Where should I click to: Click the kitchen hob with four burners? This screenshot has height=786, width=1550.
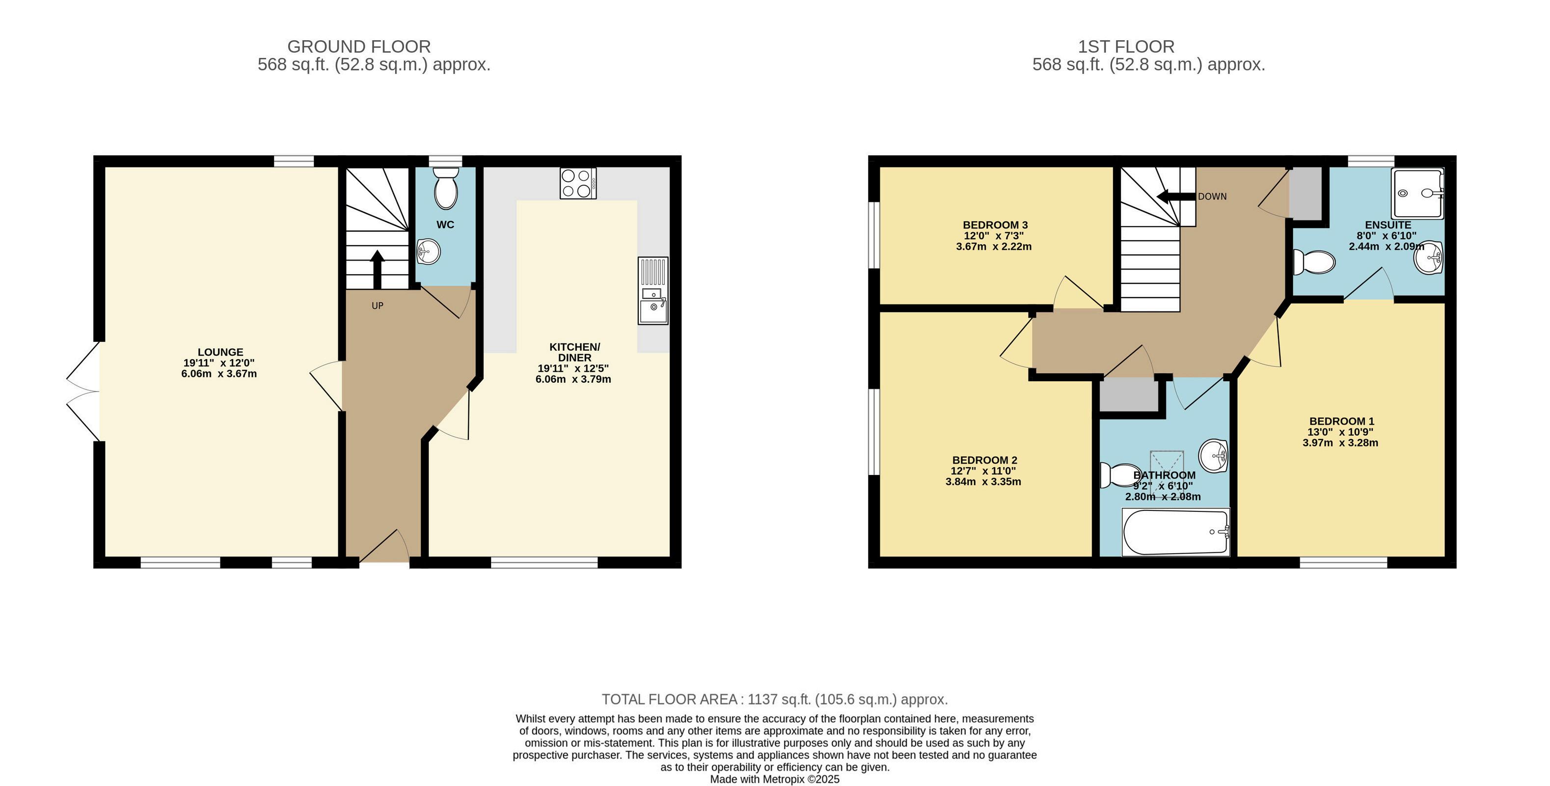(x=578, y=183)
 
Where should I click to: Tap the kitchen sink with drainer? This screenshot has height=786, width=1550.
(x=653, y=291)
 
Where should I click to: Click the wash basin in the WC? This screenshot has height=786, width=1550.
(x=429, y=252)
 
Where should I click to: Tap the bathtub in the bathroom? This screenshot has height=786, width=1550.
(x=1176, y=532)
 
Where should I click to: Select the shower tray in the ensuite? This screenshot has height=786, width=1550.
(x=1417, y=193)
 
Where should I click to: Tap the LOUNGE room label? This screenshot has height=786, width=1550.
(x=220, y=352)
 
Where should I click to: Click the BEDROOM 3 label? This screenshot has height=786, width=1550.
(x=995, y=225)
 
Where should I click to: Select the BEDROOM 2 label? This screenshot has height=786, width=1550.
(x=984, y=460)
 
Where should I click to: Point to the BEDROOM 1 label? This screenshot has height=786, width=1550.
(x=1342, y=421)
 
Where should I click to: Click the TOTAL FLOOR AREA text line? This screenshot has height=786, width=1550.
(x=775, y=700)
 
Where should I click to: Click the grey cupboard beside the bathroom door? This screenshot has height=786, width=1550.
(x=1129, y=395)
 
